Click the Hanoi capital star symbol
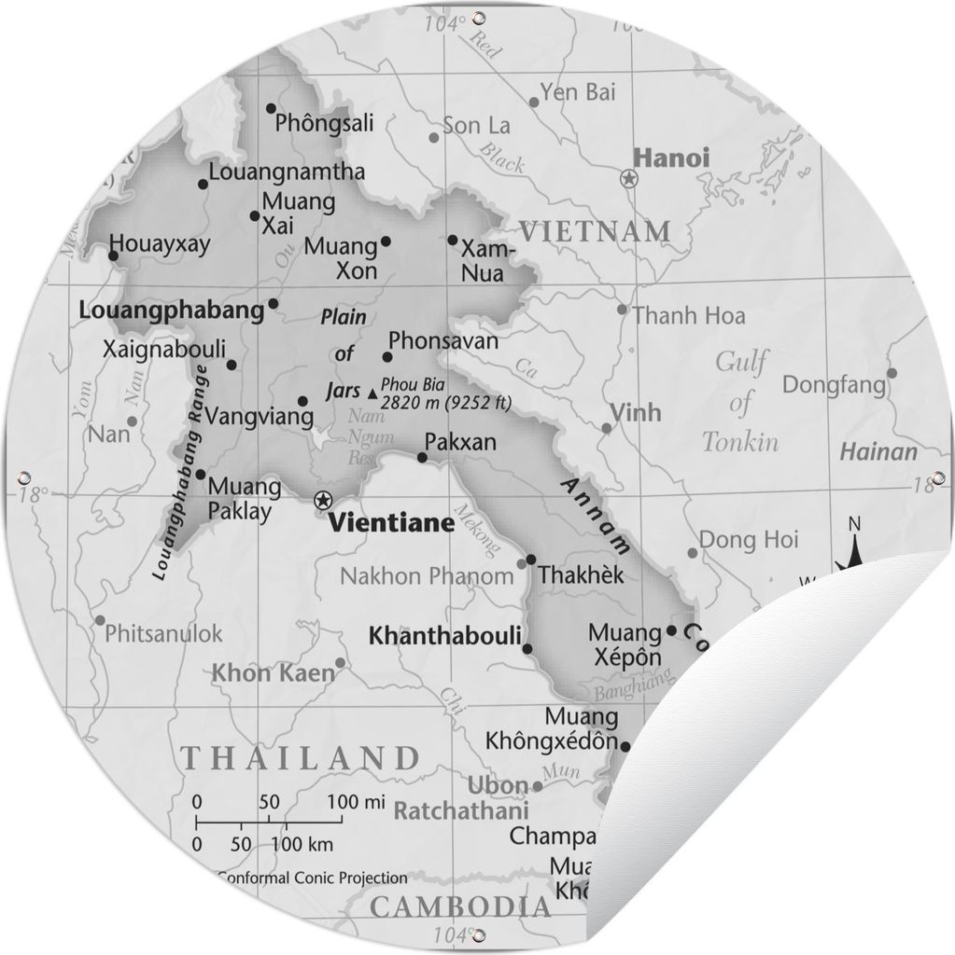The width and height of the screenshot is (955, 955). pos(629,178)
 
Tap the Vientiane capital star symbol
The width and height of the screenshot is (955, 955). pos(323,499)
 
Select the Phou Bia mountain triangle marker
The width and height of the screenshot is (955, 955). pos(373,394)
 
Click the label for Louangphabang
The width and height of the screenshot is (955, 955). pos(173,311)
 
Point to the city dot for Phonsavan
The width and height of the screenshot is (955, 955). pos(386,356)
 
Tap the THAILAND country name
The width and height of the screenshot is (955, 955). pos(300,756)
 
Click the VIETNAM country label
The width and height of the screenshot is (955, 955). pos(595,230)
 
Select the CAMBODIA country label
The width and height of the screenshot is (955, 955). pos(460,906)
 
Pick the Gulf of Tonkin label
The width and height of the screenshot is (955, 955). pos(740,401)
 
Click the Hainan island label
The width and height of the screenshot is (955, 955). pos(878,453)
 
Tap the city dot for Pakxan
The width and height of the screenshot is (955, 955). pos(422,458)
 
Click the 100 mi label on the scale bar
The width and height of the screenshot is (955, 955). pos(356,801)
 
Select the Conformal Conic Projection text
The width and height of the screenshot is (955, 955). pos(312,878)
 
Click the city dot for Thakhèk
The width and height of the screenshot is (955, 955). pos(530,560)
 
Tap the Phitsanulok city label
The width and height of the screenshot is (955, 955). pos(164,634)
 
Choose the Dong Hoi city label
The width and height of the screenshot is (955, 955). pos(749,539)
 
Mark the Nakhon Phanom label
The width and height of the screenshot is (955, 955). pos(427,576)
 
